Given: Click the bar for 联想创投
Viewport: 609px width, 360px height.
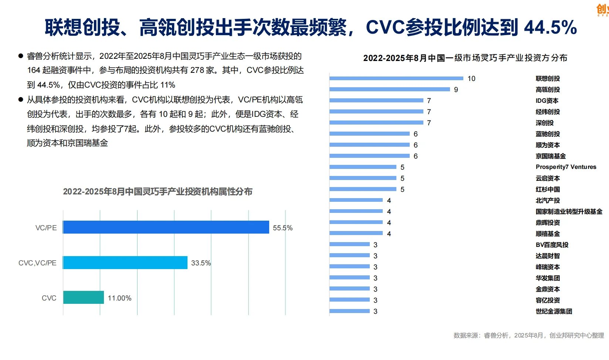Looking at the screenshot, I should click(396, 78).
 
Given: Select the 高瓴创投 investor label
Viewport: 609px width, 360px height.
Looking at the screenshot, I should click(548, 89).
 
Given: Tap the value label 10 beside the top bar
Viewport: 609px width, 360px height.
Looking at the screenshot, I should click(471, 78).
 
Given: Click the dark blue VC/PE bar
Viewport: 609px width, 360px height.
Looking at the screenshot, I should click(166, 227).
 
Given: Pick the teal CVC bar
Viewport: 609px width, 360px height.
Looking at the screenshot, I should click(84, 298).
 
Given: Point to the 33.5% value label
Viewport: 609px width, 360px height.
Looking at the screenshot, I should click(201, 263).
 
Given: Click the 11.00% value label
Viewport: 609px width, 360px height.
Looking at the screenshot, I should click(119, 298).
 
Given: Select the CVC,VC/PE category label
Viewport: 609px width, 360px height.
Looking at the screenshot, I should click(37, 263).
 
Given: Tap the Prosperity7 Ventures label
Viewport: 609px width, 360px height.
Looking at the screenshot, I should click(566, 167).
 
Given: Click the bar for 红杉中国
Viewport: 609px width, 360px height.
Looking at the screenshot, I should click(363, 189).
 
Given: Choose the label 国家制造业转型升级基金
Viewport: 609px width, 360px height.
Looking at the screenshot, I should click(569, 211).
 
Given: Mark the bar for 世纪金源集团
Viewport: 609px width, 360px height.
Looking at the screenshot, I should click(349, 311).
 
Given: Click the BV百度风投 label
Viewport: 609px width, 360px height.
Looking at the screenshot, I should click(552, 245).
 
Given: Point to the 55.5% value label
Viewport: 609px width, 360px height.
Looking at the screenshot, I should click(282, 228).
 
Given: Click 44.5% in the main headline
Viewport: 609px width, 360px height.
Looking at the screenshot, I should click(550, 27).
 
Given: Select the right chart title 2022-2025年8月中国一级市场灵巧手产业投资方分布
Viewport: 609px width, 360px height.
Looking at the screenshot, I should click(465, 58).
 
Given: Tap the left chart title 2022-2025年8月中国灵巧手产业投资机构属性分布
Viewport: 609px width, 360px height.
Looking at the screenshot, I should click(158, 191).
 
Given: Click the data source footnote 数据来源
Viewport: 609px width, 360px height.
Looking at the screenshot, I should click(528, 335).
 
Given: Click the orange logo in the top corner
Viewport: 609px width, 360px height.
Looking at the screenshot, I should click(603, 10).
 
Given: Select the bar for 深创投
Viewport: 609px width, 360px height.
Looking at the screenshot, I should click(376, 123).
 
